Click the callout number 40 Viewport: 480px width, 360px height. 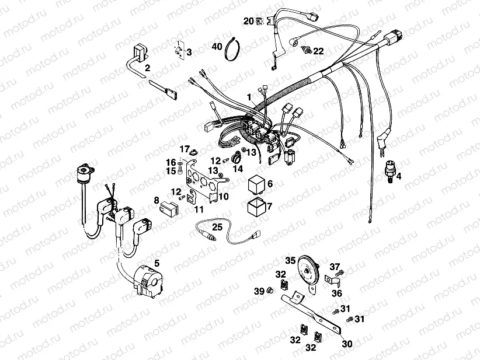(217, 46)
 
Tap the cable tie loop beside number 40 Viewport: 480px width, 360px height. (235, 47)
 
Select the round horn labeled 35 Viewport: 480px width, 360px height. (307, 270)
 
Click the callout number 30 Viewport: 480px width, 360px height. (347, 344)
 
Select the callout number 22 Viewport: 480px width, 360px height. (318, 51)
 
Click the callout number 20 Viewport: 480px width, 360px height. (248, 21)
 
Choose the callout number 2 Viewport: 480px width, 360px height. (148, 68)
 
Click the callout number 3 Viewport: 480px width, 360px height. (189, 53)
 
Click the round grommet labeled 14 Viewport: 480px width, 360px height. (237, 158)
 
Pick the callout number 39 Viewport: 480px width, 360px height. (259, 291)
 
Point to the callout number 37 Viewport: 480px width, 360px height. (335, 267)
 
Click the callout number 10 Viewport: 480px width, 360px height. (224, 197)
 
